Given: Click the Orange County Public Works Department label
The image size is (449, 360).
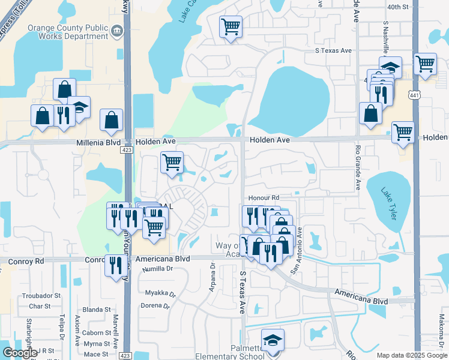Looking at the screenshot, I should click(x=68, y=32).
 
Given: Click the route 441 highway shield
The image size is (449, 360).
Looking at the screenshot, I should click(x=414, y=95).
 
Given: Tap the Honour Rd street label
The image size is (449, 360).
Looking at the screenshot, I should click(x=264, y=197).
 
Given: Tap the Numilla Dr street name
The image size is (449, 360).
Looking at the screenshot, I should click(x=157, y=269).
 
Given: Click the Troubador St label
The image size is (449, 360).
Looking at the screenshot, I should click(x=41, y=296).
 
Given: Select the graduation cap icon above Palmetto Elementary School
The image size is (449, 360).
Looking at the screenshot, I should click(x=273, y=340).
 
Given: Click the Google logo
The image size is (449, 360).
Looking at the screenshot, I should click(x=19, y=353).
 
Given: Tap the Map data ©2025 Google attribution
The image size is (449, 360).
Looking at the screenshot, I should click(x=411, y=355).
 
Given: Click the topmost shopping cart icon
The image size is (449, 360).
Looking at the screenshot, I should click(x=231, y=26).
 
